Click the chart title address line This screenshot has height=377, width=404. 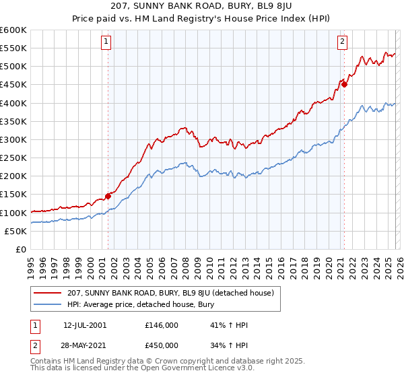coord(201,7)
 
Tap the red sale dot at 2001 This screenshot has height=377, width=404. coord(108,196)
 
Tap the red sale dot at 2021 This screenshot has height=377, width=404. coord(344,84)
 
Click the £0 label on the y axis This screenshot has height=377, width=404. coord(20,249)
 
